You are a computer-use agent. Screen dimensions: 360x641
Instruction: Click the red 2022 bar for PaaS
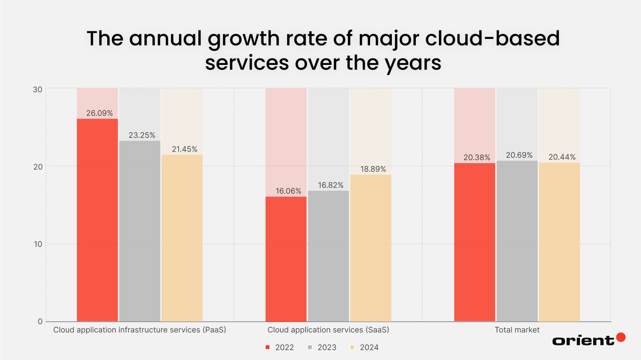(x=97, y=220)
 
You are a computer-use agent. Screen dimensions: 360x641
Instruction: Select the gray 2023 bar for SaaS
(x=328, y=256)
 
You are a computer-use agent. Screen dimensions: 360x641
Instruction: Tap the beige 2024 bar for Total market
(x=559, y=242)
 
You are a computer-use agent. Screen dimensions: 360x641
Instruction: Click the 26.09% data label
(x=100, y=113)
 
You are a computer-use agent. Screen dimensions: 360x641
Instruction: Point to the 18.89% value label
(x=373, y=169)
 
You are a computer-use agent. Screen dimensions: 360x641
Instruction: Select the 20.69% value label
(x=519, y=155)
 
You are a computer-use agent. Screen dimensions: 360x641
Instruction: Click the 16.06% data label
(x=288, y=191)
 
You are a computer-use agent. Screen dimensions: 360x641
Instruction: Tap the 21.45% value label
(x=185, y=149)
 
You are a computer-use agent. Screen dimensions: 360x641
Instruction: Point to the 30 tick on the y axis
(x=38, y=89)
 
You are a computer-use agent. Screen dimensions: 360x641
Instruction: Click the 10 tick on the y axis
(x=38, y=244)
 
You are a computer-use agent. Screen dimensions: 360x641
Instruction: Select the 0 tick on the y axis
(x=40, y=322)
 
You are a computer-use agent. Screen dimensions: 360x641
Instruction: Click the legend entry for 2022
(x=280, y=347)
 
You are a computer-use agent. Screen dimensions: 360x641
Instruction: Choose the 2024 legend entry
(x=365, y=347)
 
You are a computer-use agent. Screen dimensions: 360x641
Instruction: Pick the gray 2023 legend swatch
(x=310, y=347)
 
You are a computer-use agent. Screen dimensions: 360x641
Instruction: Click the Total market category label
(x=517, y=330)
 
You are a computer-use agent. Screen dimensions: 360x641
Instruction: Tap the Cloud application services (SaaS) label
(x=328, y=330)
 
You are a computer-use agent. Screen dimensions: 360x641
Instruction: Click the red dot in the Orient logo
(x=621, y=337)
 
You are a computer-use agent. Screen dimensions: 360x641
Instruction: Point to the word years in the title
(x=412, y=63)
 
